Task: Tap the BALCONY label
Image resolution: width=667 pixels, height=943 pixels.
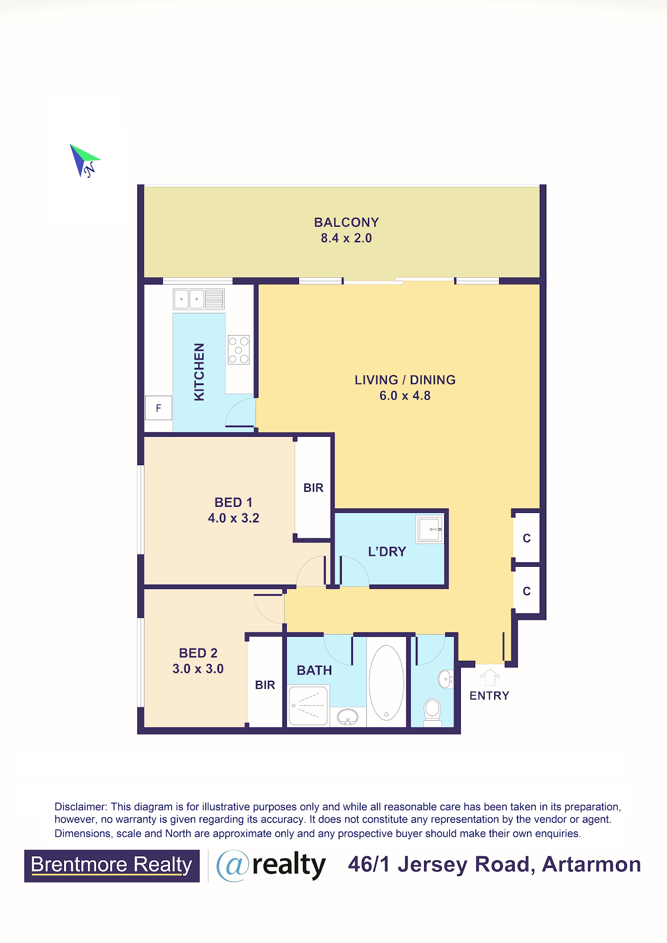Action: click(346, 222)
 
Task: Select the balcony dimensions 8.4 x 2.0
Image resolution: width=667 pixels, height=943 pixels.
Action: click(346, 238)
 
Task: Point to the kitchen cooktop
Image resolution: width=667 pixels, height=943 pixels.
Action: click(239, 350)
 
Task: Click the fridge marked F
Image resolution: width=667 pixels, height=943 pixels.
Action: click(158, 408)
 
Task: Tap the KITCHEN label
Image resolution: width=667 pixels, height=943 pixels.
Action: click(199, 372)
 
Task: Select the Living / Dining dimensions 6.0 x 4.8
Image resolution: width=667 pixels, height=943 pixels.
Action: click(405, 396)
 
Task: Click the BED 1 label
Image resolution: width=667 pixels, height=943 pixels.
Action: click(233, 502)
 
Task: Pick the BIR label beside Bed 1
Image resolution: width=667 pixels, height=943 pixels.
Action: click(313, 488)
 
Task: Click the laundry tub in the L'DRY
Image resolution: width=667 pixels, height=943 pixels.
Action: click(430, 529)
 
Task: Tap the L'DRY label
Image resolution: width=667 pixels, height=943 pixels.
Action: click(387, 551)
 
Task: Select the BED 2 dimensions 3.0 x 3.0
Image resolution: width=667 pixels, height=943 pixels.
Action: click(198, 668)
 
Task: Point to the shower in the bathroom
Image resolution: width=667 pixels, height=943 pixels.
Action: click(308, 706)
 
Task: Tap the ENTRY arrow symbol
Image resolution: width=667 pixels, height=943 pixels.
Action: click(489, 677)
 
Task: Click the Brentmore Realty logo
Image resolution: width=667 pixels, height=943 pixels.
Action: click(112, 866)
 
